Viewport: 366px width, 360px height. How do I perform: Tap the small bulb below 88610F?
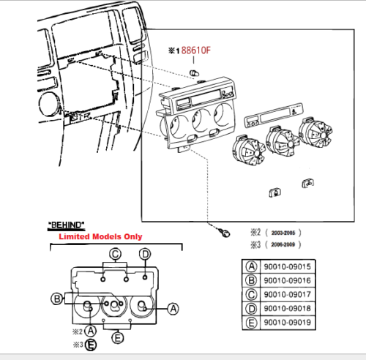click(195, 72)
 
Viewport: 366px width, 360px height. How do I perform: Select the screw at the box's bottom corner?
click(223, 232)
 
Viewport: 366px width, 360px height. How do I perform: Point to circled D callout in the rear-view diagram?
click(145, 255)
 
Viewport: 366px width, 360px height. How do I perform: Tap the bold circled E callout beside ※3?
click(90, 345)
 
